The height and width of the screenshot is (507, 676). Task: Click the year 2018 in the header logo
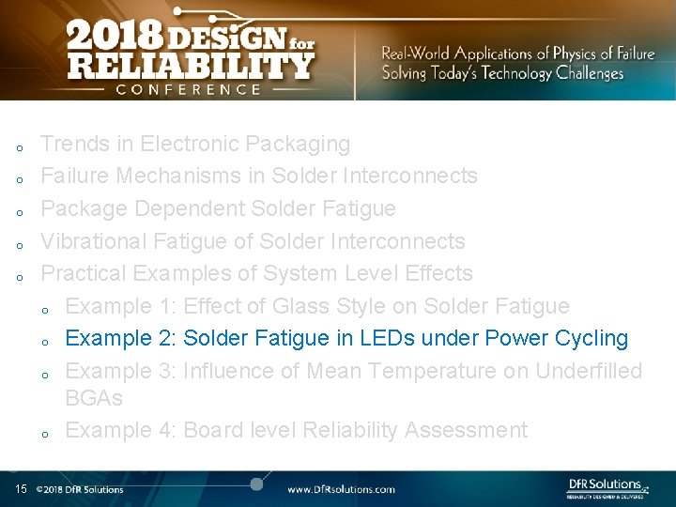point(113,38)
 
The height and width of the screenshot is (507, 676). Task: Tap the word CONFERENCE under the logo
point(188,89)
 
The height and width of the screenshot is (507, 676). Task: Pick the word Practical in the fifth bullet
point(84,273)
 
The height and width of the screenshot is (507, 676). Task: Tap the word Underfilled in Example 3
point(589,371)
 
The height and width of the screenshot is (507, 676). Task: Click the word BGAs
point(94,397)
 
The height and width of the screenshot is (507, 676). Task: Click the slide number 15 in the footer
point(21,489)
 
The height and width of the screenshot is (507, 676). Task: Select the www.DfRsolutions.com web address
point(341,489)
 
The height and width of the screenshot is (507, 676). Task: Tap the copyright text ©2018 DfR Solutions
point(79,489)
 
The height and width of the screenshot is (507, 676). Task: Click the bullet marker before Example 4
point(45,433)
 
